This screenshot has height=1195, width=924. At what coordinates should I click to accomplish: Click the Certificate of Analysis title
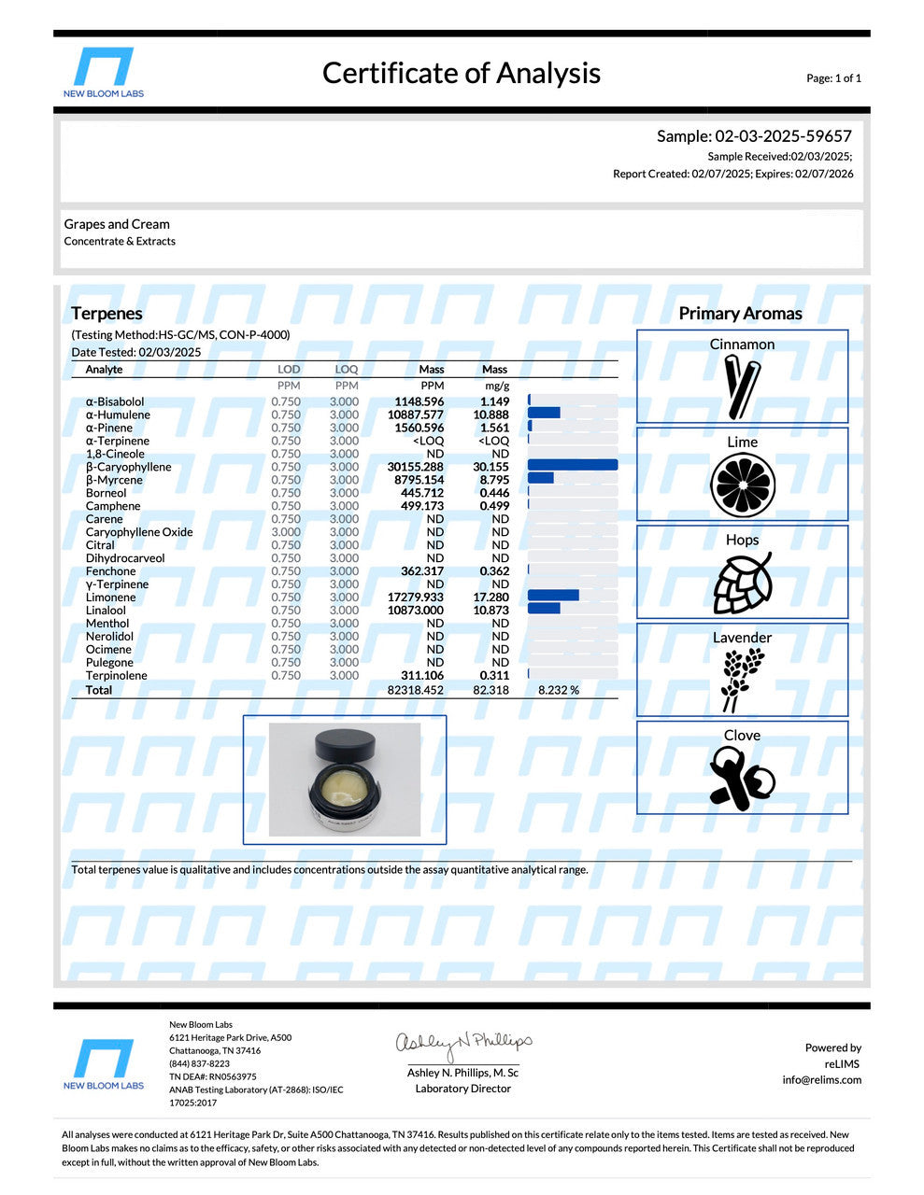tap(461, 73)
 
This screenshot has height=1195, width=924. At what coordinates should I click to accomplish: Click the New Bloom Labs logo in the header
tap(103, 71)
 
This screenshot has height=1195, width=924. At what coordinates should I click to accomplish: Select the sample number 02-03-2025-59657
tap(754, 136)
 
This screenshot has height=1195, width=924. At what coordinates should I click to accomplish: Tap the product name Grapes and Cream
tap(117, 224)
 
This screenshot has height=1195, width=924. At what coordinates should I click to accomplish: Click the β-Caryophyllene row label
tap(128, 467)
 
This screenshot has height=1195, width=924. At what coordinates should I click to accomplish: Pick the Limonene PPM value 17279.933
tap(416, 597)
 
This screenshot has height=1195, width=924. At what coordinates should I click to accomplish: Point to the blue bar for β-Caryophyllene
tap(572, 465)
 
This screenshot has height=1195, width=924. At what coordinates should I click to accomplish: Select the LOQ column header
tap(346, 370)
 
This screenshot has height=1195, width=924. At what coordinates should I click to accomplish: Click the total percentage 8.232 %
tap(559, 691)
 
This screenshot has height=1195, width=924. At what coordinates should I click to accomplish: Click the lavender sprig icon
tap(742, 681)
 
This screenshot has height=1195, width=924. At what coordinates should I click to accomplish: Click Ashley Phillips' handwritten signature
tap(463, 1042)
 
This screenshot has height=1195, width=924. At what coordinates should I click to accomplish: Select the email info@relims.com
tap(822, 1080)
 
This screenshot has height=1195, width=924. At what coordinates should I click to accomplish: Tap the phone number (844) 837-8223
tap(199, 1064)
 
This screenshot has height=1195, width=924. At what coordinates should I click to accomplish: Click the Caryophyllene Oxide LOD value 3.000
tap(286, 532)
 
